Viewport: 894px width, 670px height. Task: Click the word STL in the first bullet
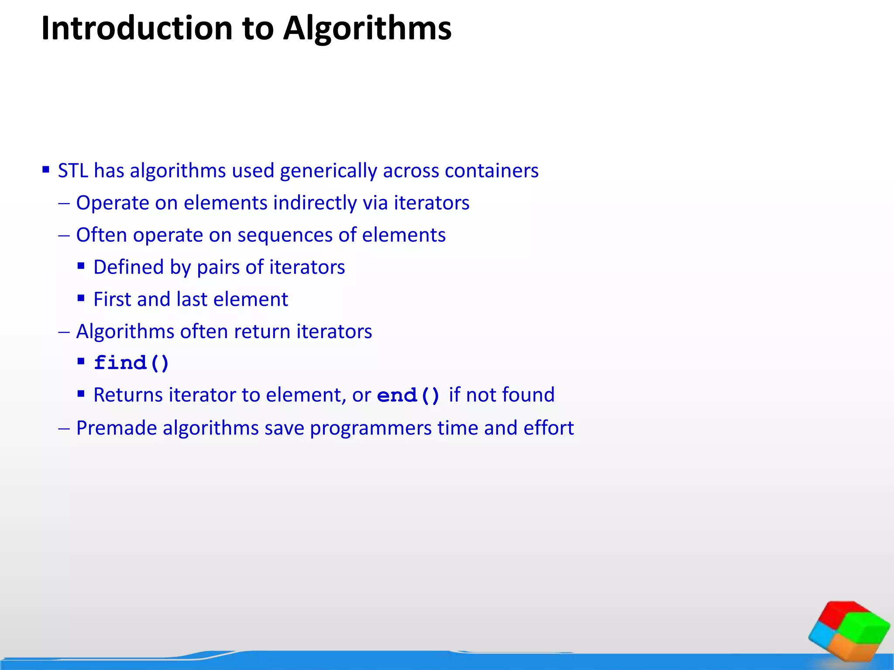click(73, 171)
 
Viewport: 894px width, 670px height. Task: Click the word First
click(112, 300)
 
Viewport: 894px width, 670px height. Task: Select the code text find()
click(131, 363)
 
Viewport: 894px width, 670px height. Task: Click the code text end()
click(408, 396)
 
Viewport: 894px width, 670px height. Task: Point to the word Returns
click(128, 395)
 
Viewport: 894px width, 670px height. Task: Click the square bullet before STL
click(46, 169)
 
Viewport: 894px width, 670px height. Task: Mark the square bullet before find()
click(81, 361)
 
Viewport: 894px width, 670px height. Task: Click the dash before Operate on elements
click(64, 203)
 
